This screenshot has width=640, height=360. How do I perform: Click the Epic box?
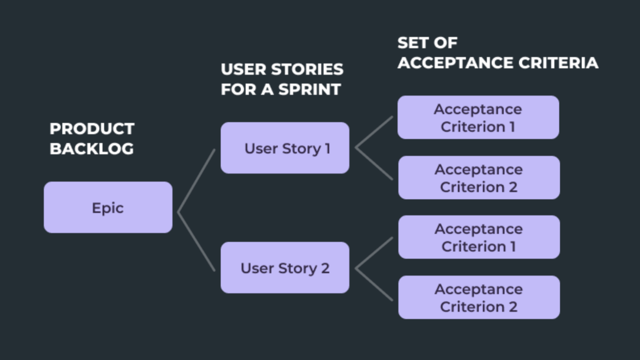click(108, 207)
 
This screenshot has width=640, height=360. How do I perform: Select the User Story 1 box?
click(285, 148)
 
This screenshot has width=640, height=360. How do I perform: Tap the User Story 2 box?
click(285, 268)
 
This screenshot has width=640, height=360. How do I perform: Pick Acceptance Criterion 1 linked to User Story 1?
click(478, 118)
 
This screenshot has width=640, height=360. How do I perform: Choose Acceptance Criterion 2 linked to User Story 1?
click(478, 178)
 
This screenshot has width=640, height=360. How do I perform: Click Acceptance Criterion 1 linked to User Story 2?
click(478, 237)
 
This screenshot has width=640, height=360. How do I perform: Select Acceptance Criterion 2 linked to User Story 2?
click(478, 298)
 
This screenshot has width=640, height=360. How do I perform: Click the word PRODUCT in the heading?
click(92, 129)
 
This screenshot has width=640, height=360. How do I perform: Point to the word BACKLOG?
click(91, 149)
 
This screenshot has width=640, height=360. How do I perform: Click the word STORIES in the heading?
click(307, 69)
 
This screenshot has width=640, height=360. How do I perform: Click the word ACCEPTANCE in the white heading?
click(455, 63)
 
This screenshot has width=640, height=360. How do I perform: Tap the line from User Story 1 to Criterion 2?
click(374, 164)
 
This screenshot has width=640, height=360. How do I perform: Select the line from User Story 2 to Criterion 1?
click(374, 253)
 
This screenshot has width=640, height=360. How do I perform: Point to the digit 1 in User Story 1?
click(328, 148)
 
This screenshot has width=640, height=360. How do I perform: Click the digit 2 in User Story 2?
click(325, 268)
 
